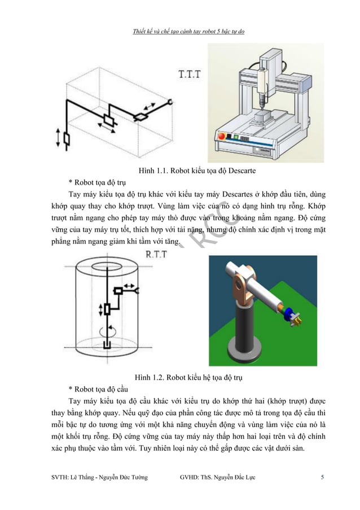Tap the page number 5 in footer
[322, 477]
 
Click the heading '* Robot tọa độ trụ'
[96, 182]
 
